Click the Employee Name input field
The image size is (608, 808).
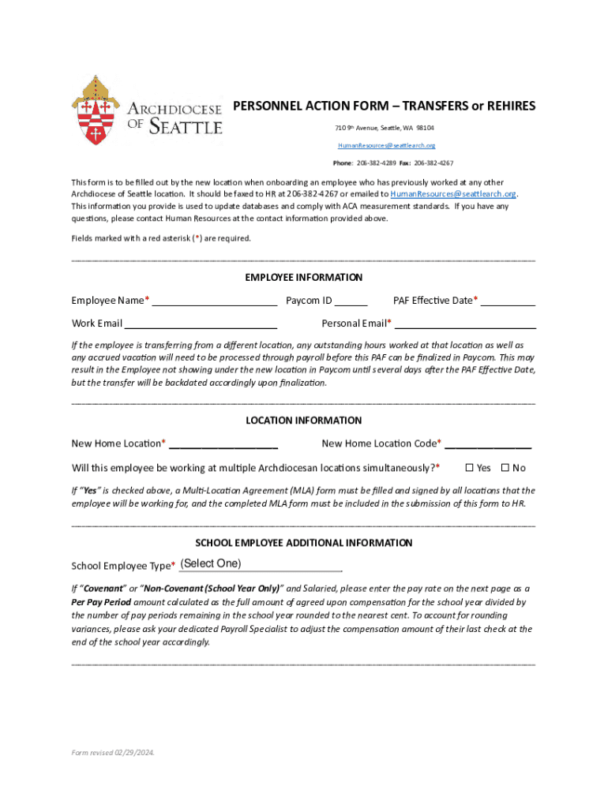click(214, 300)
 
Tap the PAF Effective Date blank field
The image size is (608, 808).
click(508, 300)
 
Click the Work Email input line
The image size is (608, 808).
click(201, 323)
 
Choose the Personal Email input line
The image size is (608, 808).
click(464, 323)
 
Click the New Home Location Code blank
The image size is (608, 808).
click(487, 443)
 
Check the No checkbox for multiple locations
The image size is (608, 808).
click(505, 468)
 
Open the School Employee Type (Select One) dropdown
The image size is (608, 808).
click(260, 564)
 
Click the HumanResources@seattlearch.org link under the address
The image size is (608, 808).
click(386, 146)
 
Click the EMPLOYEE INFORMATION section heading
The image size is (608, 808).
click(303, 278)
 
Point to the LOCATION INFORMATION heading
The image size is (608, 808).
click(303, 421)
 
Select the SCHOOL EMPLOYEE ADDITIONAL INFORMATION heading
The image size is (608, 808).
click(303, 543)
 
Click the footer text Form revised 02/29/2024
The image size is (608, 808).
click(113, 753)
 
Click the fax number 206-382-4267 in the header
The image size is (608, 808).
click(433, 163)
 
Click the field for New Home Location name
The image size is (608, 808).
click(223, 443)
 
